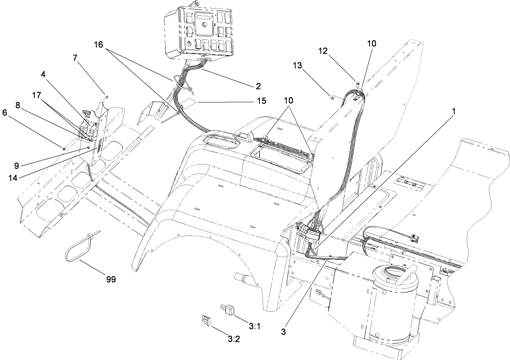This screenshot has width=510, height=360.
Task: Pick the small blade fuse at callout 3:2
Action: point(206,321)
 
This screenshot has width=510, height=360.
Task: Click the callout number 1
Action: point(454,113)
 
